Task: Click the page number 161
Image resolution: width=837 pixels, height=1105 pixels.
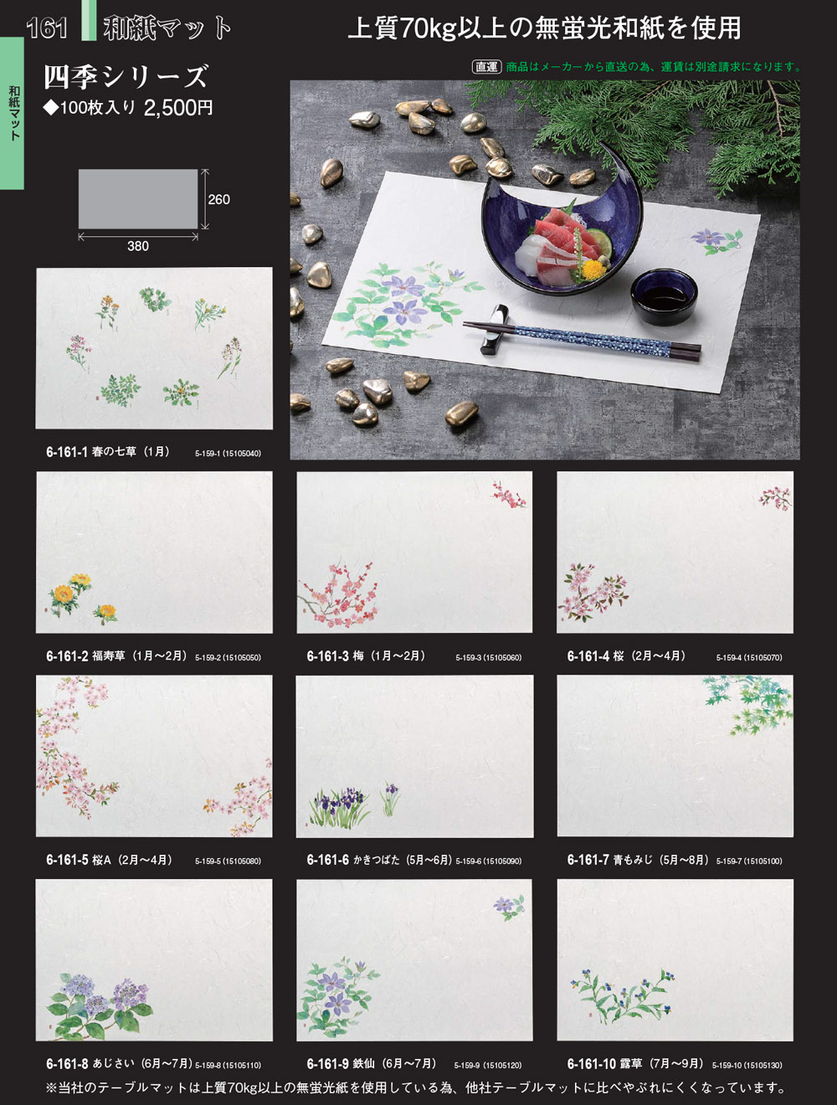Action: click(47, 28)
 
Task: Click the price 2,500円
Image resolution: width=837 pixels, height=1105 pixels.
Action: click(178, 108)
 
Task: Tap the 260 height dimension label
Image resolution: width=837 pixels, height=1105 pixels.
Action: click(219, 199)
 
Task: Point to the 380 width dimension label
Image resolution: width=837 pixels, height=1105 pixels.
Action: click(138, 246)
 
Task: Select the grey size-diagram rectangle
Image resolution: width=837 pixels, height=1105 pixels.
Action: click(138, 199)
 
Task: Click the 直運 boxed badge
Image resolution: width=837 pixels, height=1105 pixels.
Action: click(486, 66)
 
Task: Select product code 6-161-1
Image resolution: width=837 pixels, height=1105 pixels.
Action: click(66, 452)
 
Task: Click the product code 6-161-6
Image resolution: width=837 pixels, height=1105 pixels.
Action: click(327, 860)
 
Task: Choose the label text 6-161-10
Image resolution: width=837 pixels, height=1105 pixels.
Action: click(592, 1063)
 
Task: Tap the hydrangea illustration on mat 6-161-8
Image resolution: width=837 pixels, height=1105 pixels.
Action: click(99, 1005)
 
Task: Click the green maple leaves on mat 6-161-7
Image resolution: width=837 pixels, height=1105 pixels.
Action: click(747, 704)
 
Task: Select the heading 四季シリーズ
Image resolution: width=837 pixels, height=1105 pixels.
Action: click(126, 76)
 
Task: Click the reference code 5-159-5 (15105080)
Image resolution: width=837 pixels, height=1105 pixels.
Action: click(228, 861)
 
